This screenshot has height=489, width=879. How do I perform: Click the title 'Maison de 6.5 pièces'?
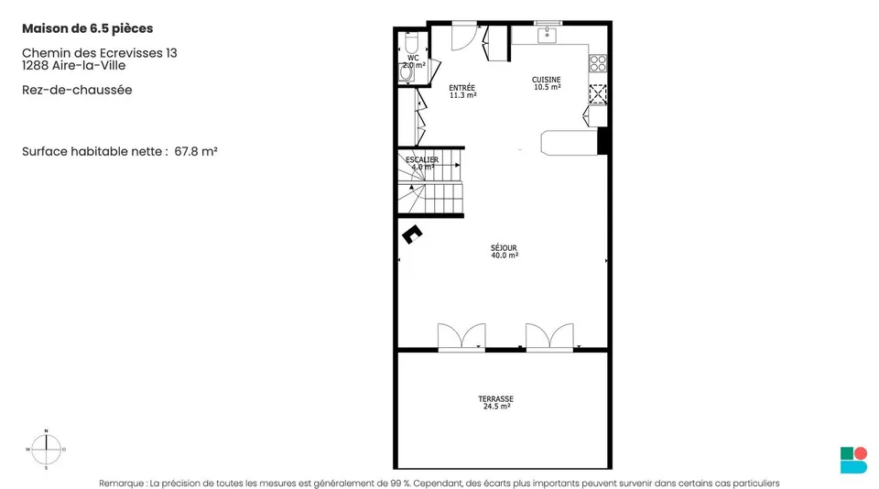coord(88,28)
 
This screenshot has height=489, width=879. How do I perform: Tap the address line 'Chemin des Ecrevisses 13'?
coord(99,53)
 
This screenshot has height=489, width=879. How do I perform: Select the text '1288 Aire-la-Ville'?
coord(73,65)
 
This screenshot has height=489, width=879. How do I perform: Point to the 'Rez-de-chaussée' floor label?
coord(77,90)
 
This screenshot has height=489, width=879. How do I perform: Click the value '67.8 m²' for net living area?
coord(196,151)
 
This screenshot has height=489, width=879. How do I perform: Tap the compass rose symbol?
coord(46,450)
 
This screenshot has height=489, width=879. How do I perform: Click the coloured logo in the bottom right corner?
coord(853,460)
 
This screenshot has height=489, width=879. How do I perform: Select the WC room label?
coord(413,61)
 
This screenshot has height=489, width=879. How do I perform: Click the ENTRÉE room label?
coord(462,92)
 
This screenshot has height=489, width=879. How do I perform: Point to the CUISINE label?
coord(547,83)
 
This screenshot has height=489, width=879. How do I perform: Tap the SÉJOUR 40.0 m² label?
coord(504,251)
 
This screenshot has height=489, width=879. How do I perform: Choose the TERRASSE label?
coord(496,403)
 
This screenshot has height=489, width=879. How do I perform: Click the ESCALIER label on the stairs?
coord(422,163)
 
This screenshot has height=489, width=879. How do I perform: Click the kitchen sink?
coord(548,36)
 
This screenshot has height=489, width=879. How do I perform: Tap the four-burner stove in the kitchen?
coord(598,63)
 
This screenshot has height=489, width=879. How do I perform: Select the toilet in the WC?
coord(411,43)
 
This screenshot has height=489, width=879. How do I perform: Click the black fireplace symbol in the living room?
coord(412,234)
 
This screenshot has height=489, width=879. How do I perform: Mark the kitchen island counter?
coord(569,143)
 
